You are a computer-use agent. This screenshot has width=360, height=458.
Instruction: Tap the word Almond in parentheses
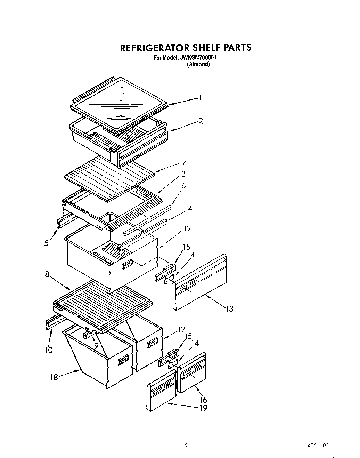click(x=198, y=64)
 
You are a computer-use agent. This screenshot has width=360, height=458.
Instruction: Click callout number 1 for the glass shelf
click(x=200, y=98)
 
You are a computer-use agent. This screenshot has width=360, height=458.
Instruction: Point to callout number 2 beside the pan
click(x=201, y=121)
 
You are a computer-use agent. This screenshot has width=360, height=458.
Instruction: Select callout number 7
click(x=184, y=162)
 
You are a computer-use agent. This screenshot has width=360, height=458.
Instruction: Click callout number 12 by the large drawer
click(x=187, y=229)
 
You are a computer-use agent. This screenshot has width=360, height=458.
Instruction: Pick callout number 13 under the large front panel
click(x=229, y=308)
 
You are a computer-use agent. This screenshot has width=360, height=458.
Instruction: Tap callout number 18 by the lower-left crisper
click(x=54, y=377)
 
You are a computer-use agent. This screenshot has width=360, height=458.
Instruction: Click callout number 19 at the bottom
click(x=203, y=408)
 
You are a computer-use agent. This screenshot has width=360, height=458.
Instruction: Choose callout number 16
click(x=203, y=400)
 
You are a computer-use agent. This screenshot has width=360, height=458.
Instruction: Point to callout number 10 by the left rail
click(x=49, y=350)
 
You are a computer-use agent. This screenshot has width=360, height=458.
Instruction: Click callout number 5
click(x=47, y=243)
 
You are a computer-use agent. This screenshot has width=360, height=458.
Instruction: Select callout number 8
click(x=47, y=274)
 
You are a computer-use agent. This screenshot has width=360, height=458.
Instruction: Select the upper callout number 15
click(x=187, y=247)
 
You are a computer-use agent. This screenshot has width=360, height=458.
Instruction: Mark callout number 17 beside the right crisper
click(x=181, y=329)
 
